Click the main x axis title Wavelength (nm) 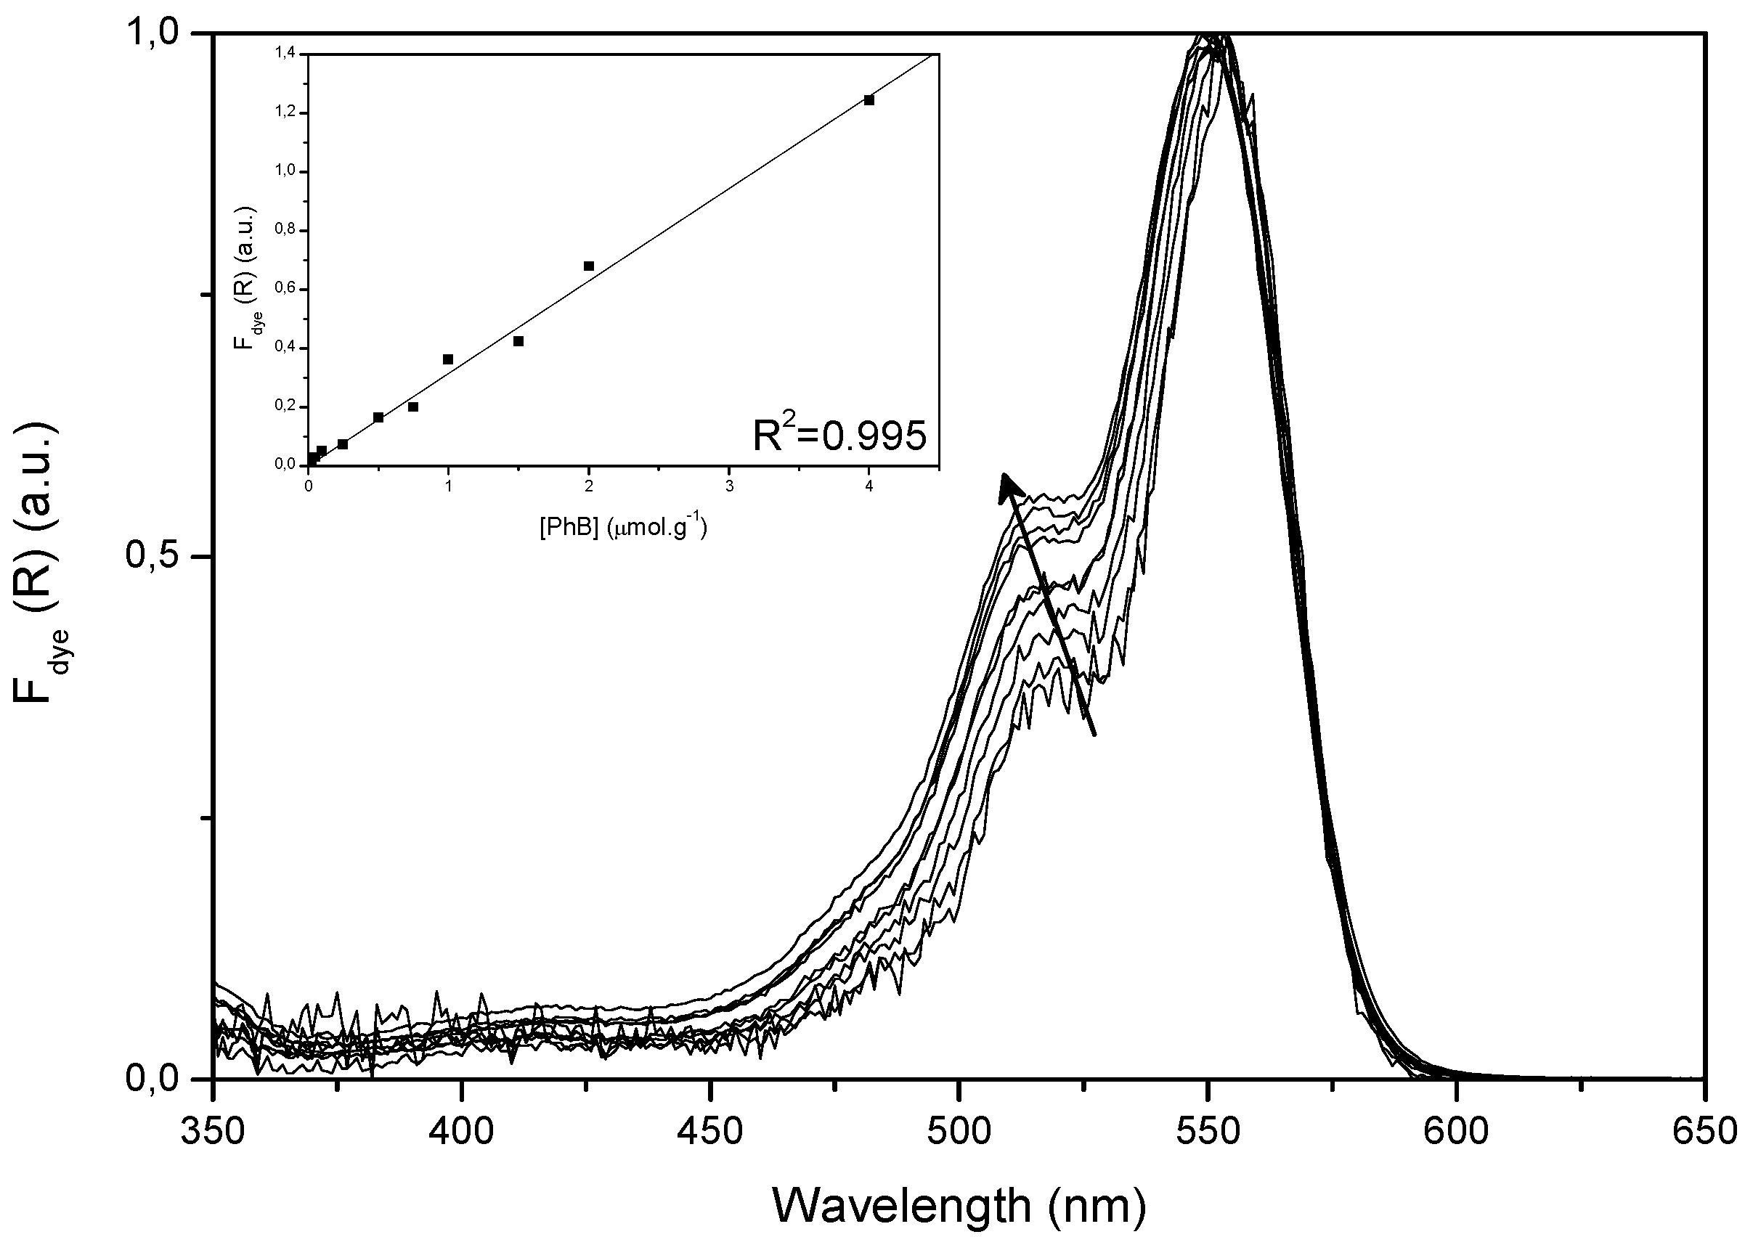click(x=959, y=1206)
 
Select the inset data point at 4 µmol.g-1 click(x=869, y=99)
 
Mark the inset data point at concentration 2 click(x=589, y=266)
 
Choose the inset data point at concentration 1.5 click(x=518, y=341)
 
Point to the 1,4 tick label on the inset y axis click(x=285, y=54)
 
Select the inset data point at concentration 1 click(x=449, y=359)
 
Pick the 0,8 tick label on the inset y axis click(x=285, y=230)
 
